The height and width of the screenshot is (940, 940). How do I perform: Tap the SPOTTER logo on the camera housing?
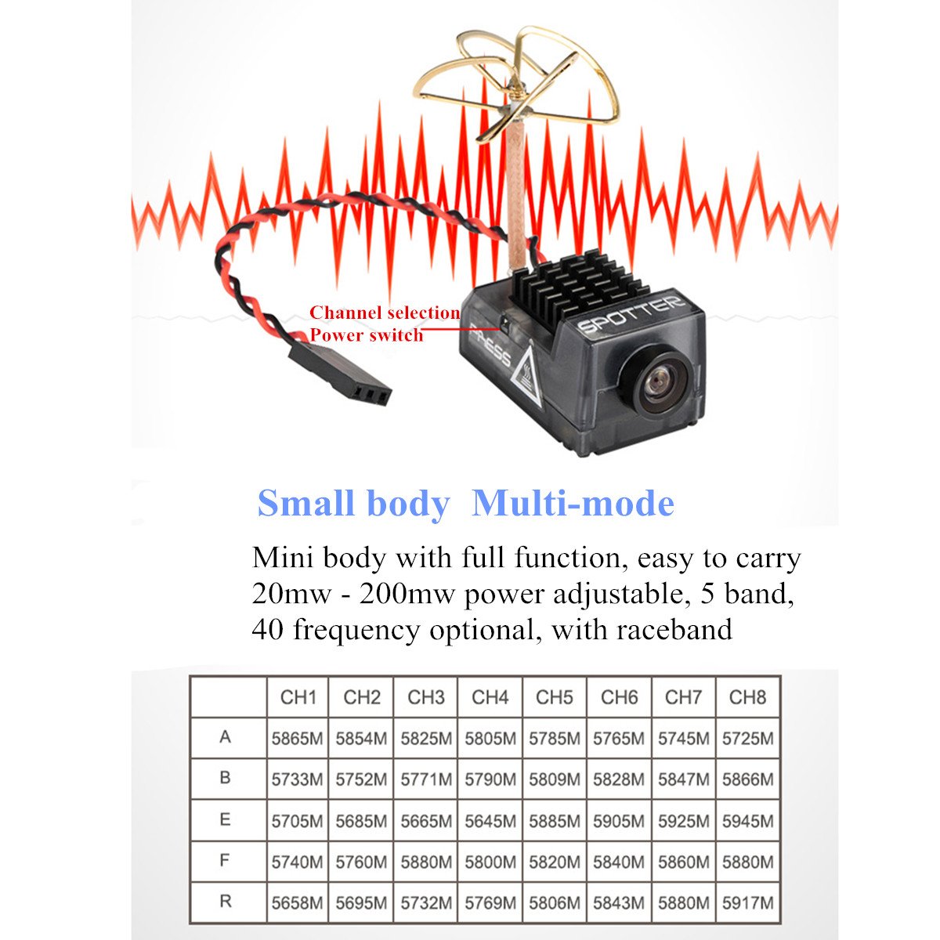pos(631,314)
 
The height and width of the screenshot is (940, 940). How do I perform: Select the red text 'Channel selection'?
pos(385,313)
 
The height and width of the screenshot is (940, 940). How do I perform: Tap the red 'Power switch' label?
pos(367,335)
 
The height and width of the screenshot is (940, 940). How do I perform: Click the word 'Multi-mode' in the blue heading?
pos(573,503)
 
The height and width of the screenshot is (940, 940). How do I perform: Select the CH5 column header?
pos(555,697)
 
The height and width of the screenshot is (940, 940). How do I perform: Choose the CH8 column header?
pos(748,697)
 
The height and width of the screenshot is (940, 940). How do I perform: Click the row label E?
pos(225,819)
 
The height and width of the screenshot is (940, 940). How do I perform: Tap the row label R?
pos(226,901)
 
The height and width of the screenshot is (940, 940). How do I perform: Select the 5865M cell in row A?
pos(297,739)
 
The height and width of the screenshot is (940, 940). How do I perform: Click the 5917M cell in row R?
pos(748,903)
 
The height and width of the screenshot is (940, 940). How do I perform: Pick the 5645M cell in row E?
pos(490,821)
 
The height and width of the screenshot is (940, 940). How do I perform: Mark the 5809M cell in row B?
pos(555,779)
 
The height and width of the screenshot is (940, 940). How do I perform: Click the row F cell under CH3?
pos(426,862)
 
